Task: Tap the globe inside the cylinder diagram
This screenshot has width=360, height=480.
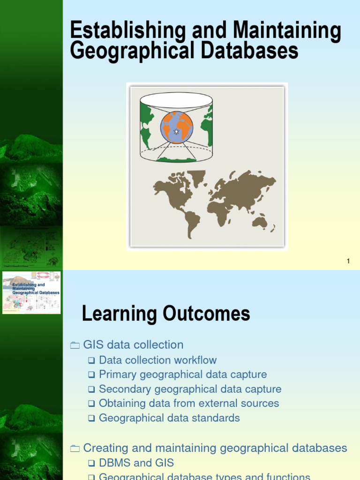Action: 176,127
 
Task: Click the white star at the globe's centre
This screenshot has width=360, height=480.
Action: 176,132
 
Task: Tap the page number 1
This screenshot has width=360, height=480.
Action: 348,261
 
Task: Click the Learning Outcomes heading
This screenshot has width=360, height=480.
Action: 166,314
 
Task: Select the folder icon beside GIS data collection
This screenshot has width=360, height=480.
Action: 75,345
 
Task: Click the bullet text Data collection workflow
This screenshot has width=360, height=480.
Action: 158,360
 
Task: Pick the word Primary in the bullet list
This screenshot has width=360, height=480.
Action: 117,375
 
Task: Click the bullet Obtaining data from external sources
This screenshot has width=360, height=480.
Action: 189,403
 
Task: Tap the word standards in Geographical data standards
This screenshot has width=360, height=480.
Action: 220,418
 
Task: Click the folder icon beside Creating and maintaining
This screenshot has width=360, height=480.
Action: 75,449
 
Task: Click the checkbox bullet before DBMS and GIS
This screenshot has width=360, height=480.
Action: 91,464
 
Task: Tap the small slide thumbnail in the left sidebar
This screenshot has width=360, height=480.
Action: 31,292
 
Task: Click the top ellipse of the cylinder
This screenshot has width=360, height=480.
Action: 176,99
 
